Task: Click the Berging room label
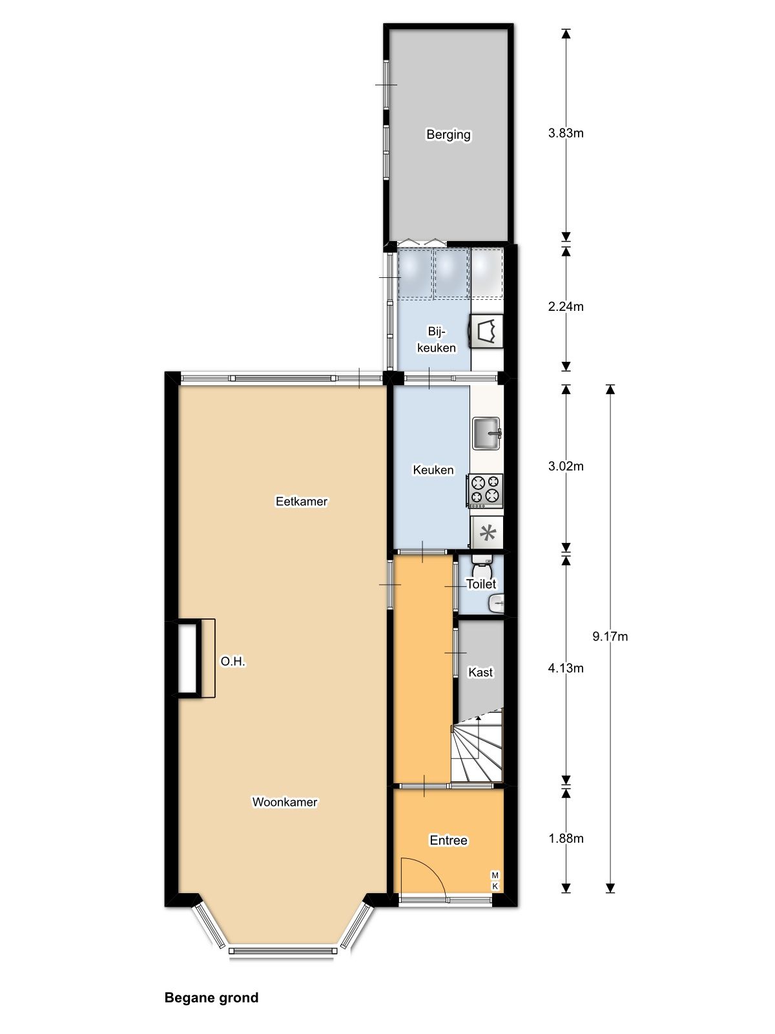point(448,134)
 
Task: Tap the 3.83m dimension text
point(566,133)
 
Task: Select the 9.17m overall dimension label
point(610,636)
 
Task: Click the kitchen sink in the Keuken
point(486,433)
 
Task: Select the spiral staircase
point(478,746)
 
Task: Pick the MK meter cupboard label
point(495,881)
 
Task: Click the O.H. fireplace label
point(233,662)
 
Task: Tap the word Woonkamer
point(284,802)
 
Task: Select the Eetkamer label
point(302,501)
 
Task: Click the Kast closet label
point(480,672)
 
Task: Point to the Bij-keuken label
point(437,339)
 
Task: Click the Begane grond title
point(211,997)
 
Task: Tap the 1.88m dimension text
point(566,838)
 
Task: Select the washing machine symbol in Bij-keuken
point(487,331)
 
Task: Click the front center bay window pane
point(283,951)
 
